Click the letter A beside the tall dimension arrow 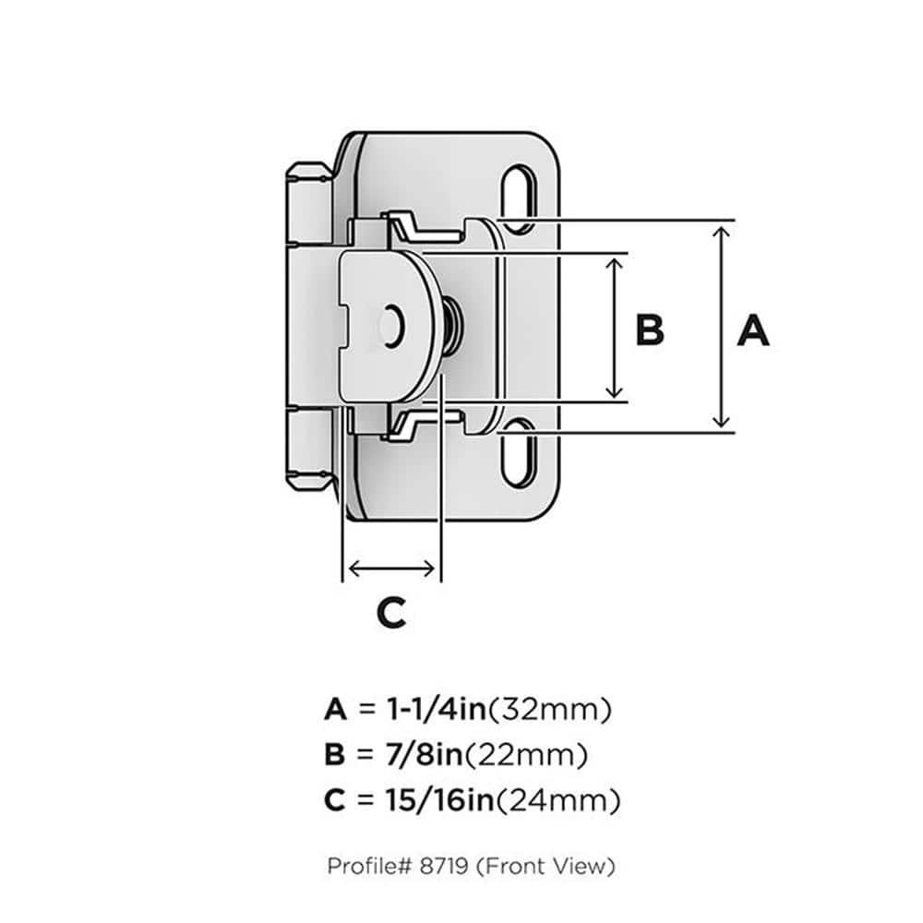click(752, 330)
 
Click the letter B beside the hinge click(650, 330)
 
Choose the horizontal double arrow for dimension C click(390, 568)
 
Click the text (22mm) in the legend click(526, 756)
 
